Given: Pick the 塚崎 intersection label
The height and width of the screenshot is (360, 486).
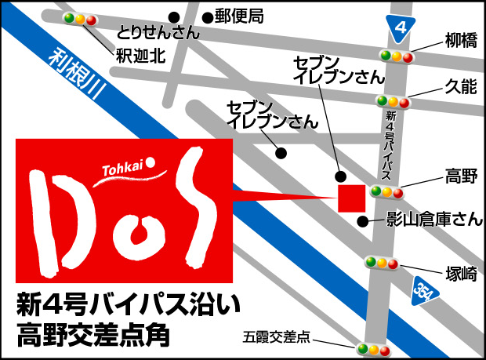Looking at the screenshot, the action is [459, 274].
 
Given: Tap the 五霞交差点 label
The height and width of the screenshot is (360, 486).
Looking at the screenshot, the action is [277, 339].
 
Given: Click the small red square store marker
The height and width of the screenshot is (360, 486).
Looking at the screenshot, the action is [350, 198].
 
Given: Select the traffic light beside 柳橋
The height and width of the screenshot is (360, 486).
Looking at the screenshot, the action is [395, 56].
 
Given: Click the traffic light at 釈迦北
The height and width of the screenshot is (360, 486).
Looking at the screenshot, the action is [79, 18].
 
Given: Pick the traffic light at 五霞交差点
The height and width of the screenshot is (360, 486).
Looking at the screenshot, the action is [373, 348].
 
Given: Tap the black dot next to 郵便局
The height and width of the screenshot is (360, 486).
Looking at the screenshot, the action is [208, 16].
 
